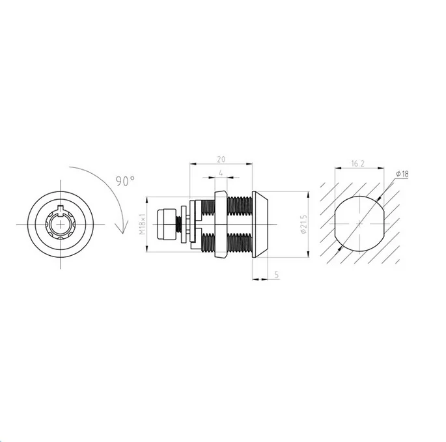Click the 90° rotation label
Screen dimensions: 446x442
point(125,181)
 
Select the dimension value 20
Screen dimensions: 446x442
point(221,159)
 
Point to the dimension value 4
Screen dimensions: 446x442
point(221,173)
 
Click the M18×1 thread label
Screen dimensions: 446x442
point(143,224)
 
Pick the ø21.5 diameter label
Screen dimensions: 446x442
point(303,225)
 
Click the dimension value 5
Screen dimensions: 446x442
point(277,275)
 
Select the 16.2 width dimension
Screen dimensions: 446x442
point(358,163)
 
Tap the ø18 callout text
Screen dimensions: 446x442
point(402,174)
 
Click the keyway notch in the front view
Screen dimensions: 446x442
point(61,208)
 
